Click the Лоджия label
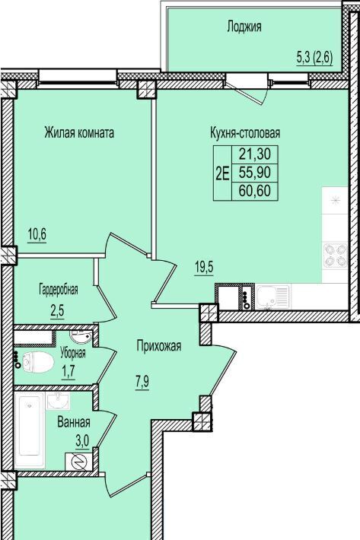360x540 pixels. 244,27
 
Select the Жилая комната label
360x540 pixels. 79,132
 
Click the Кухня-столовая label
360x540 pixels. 245,132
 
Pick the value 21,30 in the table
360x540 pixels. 255,154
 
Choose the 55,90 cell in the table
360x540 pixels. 255,172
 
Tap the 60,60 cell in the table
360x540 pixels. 255,190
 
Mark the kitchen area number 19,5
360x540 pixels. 204,266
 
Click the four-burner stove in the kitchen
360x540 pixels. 336,256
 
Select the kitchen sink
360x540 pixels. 272,296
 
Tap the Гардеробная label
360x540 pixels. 58,289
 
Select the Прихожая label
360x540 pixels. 159,346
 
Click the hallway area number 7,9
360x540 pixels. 142,383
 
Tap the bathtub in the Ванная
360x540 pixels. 30,430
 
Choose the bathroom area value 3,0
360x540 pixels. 82,441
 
